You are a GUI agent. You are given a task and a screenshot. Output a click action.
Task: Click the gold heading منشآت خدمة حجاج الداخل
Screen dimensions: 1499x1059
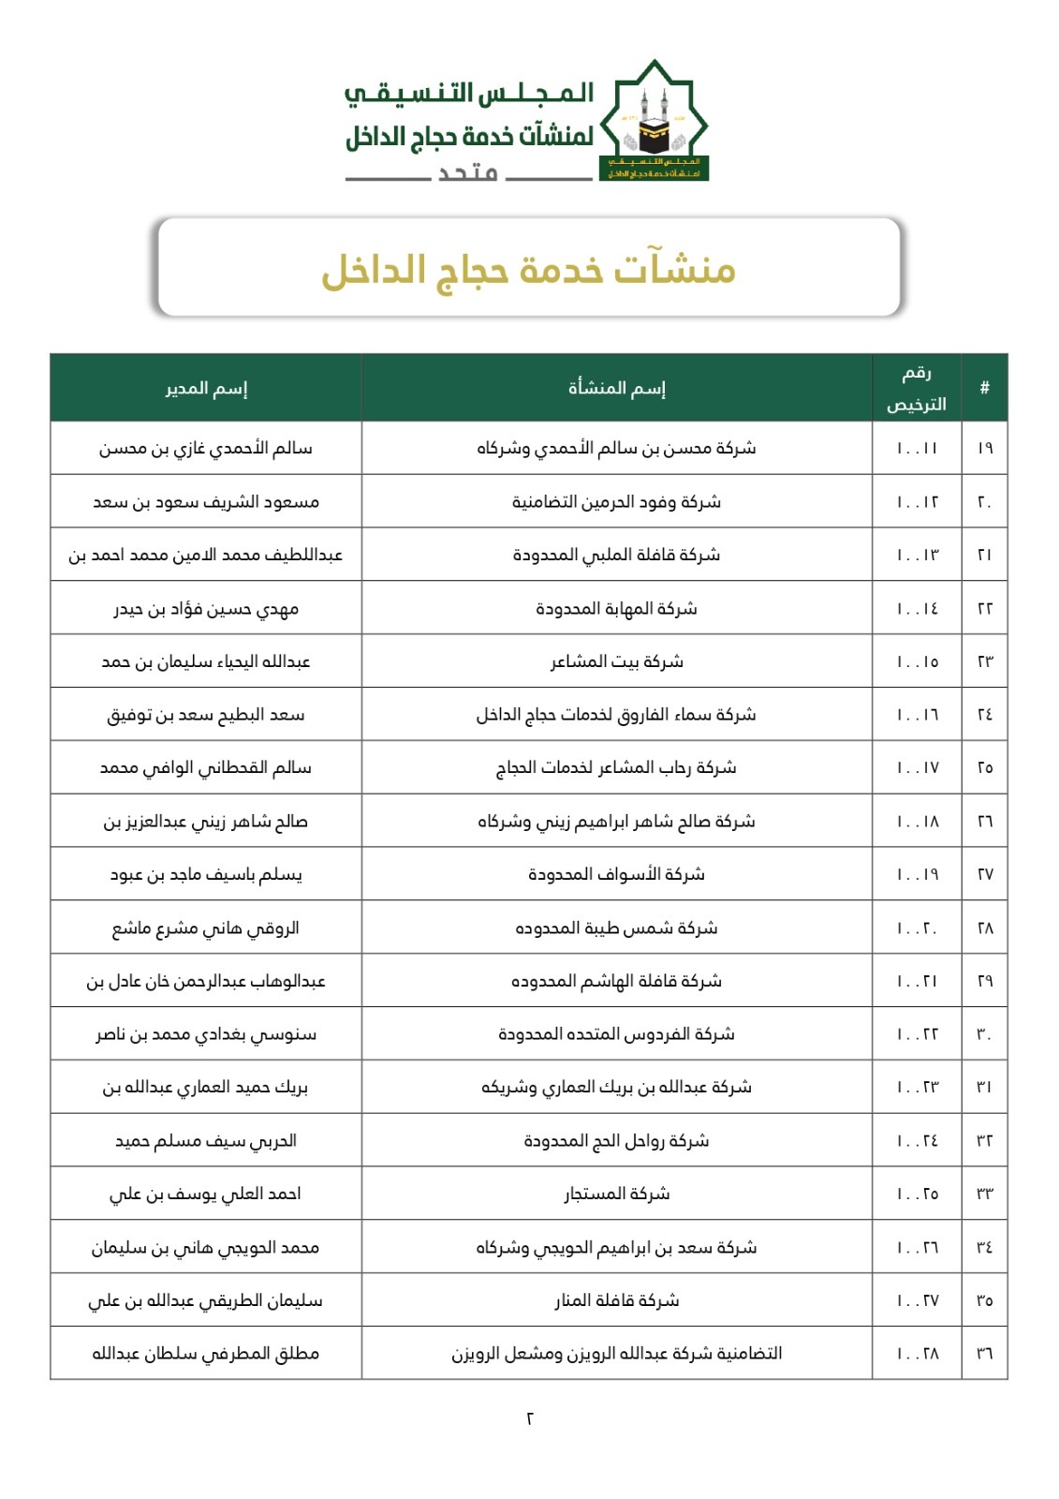click(x=529, y=270)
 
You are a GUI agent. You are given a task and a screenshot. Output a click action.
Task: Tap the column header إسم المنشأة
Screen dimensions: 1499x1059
click(x=617, y=388)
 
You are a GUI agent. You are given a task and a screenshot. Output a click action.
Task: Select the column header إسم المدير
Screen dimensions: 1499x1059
click(x=206, y=388)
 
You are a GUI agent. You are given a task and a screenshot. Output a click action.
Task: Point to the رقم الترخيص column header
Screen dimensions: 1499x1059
click(x=917, y=388)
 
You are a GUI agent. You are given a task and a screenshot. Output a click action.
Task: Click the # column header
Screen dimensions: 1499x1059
click(x=984, y=388)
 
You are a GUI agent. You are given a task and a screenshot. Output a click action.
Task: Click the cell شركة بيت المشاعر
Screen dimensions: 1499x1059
click(x=617, y=661)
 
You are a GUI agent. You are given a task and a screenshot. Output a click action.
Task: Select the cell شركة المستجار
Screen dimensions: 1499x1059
click(x=617, y=1194)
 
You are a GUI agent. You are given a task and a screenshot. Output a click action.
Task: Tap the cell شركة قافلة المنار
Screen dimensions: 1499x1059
click(x=617, y=1300)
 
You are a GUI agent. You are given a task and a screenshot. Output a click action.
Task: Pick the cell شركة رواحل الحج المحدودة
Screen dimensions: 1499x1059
click(x=617, y=1141)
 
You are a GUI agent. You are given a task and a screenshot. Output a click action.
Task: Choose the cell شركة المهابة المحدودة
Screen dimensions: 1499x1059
click(x=617, y=609)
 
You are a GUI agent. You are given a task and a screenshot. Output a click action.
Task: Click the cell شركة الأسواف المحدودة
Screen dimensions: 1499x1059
click(x=617, y=874)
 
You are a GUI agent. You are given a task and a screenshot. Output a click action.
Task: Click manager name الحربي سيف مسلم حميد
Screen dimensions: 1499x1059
click(x=206, y=1141)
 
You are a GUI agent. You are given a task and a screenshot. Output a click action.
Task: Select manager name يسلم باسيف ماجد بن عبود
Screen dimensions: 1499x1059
click(x=206, y=874)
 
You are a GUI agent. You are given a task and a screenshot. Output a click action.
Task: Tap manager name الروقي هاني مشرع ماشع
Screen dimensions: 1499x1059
click(x=206, y=928)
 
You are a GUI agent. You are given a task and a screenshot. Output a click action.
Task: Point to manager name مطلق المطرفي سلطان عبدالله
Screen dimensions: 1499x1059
click(x=206, y=1354)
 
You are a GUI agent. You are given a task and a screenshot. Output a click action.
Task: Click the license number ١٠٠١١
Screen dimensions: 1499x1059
click(x=917, y=449)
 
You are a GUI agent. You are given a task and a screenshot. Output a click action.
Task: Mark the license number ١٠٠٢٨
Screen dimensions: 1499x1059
click(x=917, y=1354)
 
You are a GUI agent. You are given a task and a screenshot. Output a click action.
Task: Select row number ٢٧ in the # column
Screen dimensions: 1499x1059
click(x=984, y=874)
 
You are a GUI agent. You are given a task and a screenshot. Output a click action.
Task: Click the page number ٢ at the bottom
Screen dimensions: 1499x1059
click(x=530, y=1418)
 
